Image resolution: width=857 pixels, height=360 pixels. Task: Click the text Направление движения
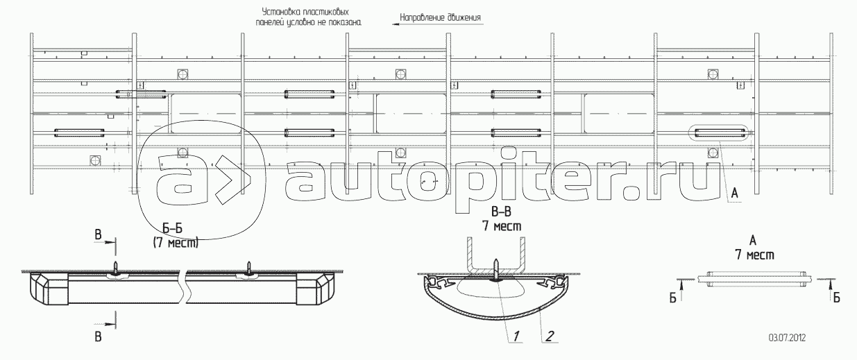click(441, 17)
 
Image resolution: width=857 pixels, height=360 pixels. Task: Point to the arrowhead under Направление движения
click(396, 24)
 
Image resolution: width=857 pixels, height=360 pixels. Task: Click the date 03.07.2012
click(787, 338)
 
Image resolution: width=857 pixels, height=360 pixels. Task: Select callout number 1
click(516, 336)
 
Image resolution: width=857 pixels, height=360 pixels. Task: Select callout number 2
click(550, 336)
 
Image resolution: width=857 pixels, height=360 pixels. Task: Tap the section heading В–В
click(501, 212)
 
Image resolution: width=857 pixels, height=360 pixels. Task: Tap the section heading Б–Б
click(172, 229)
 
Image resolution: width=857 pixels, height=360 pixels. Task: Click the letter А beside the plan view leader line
click(734, 194)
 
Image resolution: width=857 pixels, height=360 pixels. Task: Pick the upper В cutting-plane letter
click(98, 234)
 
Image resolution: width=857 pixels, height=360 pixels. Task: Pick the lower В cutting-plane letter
click(98, 336)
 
